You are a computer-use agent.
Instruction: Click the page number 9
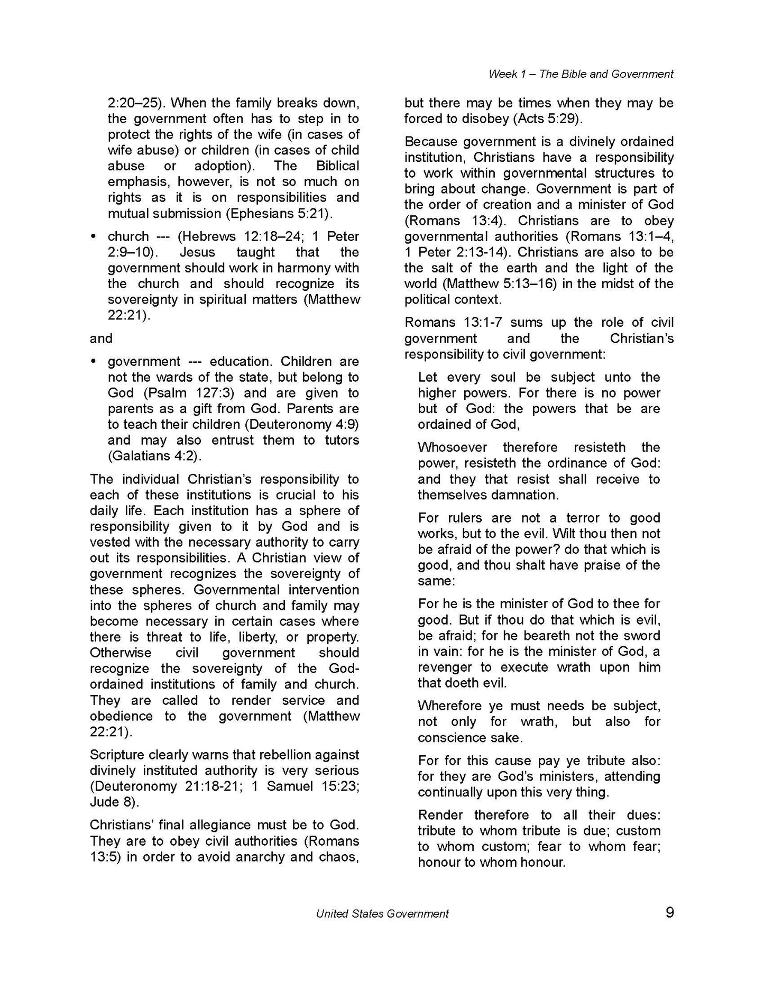[x=669, y=912]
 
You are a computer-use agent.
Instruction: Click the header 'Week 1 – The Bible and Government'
[x=581, y=74]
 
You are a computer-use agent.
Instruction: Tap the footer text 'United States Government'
[x=382, y=913]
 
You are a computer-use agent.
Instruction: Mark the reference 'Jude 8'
[x=113, y=802]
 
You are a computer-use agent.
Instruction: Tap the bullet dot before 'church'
[x=94, y=237]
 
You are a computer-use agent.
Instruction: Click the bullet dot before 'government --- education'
[x=94, y=362]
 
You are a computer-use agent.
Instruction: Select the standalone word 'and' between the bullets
[x=101, y=338]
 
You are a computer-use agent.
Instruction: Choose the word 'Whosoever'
[x=453, y=447]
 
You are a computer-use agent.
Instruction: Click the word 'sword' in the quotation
[x=642, y=636]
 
